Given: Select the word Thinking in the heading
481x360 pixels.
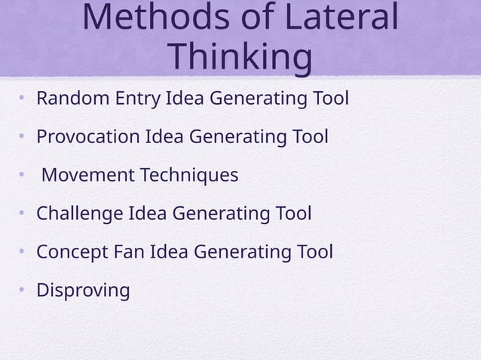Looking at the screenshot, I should (240, 57).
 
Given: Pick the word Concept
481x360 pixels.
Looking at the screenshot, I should (73, 252).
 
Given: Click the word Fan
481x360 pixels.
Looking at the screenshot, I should (130, 252).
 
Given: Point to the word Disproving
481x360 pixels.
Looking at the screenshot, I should (83, 291).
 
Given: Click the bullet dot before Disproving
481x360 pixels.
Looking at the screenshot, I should (23, 290).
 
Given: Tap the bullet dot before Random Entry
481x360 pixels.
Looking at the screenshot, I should (23, 99).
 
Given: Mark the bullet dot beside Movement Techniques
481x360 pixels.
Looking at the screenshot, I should (23, 175).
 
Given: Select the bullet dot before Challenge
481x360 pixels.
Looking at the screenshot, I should (23, 214).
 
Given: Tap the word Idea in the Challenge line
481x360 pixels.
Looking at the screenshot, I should (148, 214).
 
